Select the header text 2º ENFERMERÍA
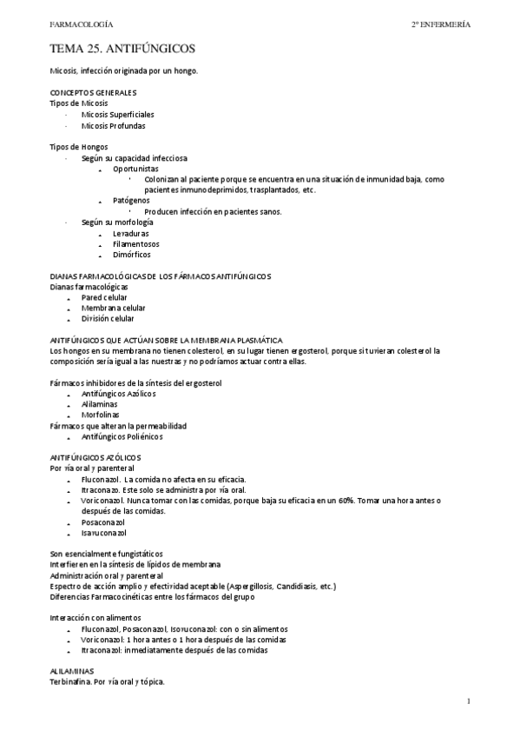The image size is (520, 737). (x=440, y=24)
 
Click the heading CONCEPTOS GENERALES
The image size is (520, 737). (x=93, y=92)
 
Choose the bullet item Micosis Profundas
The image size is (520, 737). (x=113, y=125)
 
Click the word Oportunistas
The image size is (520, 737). (x=136, y=169)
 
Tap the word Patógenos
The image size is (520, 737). (x=131, y=201)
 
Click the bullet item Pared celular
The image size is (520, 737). (x=104, y=297)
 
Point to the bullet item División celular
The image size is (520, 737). (x=108, y=318)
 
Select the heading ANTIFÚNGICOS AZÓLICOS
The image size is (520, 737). (x=95, y=457)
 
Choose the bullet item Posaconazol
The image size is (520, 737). (x=103, y=522)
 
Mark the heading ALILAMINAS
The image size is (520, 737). (x=73, y=671)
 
